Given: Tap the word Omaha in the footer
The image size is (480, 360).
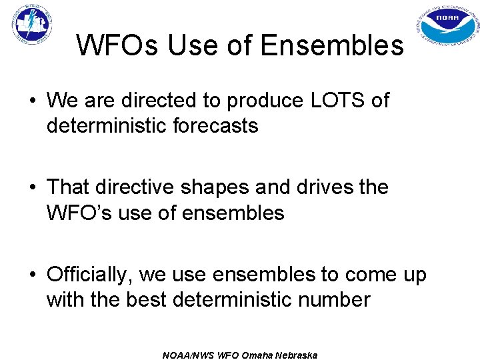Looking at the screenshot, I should (254, 355).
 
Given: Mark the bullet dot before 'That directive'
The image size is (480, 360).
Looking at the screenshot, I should (33, 188).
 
